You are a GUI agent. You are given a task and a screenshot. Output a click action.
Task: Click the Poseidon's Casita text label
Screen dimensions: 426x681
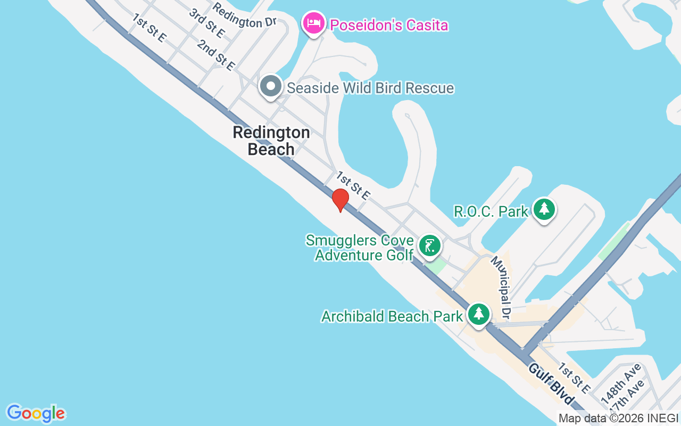(389, 25)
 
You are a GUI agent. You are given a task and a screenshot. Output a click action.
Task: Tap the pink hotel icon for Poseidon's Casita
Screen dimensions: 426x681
(314, 23)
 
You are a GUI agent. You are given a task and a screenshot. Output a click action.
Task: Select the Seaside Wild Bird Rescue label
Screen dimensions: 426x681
(370, 88)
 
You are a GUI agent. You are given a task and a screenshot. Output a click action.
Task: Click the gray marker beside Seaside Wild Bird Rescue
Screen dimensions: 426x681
(271, 86)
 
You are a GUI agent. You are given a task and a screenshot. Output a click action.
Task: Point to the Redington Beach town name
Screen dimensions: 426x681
(271, 141)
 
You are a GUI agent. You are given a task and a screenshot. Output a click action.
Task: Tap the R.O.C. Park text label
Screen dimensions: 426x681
(491, 211)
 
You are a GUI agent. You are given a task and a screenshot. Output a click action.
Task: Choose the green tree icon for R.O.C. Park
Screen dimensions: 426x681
(544, 209)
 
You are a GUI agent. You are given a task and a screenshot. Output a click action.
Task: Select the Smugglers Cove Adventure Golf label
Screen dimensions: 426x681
(360, 248)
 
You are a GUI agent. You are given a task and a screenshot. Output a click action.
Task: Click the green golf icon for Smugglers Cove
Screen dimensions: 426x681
(429, 246)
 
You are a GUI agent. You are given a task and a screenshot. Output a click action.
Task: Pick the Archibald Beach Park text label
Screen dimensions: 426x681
(392, 316)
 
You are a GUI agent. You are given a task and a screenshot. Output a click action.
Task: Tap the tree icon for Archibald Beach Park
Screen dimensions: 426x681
(479, 314)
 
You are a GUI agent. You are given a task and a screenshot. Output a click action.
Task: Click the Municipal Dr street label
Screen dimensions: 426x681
(501, 286)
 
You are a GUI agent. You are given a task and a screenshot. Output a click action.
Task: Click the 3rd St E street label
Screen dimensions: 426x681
(207, 23)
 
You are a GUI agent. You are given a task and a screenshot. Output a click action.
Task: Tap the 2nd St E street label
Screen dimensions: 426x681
(216, 55)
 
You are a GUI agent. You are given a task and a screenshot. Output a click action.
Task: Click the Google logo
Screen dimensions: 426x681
(36, 413)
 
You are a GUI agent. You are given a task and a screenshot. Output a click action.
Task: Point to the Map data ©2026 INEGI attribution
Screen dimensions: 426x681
(618, 419)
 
